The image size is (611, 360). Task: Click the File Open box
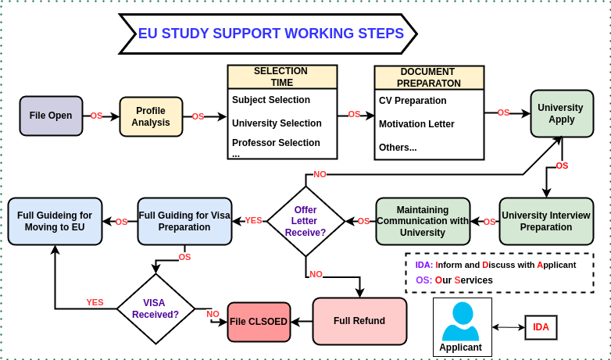point(51,116)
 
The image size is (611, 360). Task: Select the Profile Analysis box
point(151,116)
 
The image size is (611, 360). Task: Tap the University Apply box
point(561,114)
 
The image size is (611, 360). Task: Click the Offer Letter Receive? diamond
point(305,221)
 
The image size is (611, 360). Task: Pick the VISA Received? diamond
point(155,308)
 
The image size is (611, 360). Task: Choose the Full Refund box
point(359,321)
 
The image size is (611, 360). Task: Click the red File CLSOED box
point(259,322)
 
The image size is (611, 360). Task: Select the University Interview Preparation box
point(547,221)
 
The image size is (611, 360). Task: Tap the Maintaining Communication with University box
point(423,221)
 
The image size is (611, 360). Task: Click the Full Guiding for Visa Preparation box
point(184,221)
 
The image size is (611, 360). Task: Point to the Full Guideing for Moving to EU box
point(55,221)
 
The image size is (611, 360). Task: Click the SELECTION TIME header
point(282,77)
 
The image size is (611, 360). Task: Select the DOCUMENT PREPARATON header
point(429,77)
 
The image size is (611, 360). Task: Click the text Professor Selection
point(276,143)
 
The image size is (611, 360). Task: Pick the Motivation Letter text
point(416,124)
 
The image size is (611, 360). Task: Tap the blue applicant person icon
point(462,321)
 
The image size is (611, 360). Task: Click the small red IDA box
point(541,327)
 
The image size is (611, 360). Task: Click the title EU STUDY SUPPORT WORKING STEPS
point(270,34)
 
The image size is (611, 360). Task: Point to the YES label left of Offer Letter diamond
point(253,220)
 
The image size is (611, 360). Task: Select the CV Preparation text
point(413,101)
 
